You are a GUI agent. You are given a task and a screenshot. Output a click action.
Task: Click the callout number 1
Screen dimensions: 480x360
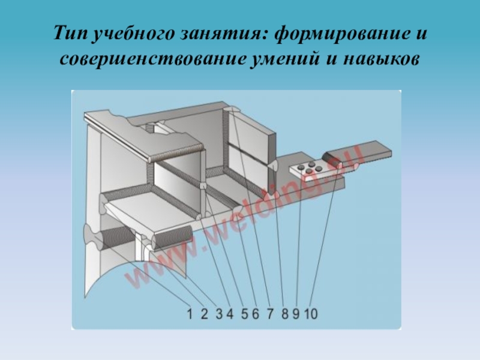(x=190, y=314)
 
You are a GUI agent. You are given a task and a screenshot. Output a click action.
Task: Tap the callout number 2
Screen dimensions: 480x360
(x=204, y=314)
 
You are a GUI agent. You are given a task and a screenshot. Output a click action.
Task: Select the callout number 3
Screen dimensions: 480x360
(x=219, y=314)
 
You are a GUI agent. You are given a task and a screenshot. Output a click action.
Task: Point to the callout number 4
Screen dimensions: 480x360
(x=229, y=314)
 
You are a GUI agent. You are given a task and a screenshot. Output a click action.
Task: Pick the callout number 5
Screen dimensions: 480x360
(x=245, y=314)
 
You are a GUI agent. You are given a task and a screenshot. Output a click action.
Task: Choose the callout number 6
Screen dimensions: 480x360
(x=255, y=314)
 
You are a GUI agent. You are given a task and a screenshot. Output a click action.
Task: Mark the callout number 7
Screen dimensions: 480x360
(x=269, y=314)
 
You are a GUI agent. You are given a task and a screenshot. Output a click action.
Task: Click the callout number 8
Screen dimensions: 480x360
(x=284, y=314)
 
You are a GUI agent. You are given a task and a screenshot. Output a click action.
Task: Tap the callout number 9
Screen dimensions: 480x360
(x=296, y=314)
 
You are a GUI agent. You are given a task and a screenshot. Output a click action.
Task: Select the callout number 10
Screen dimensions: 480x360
(x=311, y=314)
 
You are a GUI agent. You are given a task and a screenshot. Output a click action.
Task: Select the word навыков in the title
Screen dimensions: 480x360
(x=381, y=59)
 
